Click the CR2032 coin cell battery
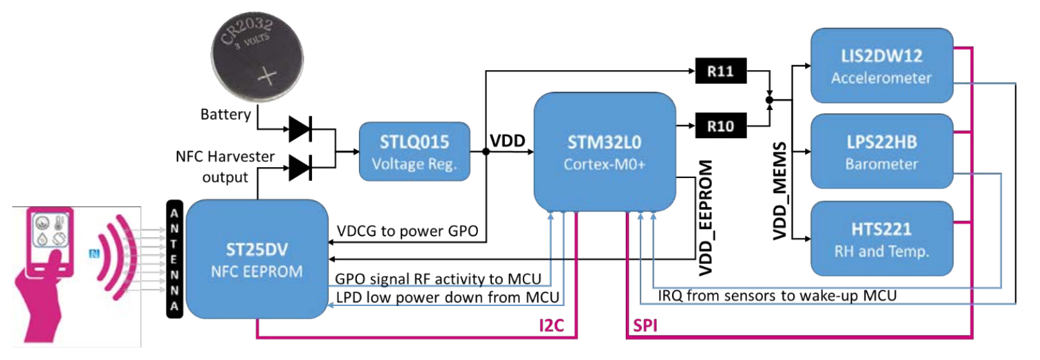click(257, 57)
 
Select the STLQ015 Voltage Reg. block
click(414, 152)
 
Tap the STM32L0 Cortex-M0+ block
click(604, 152)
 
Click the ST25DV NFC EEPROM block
click(257, 259)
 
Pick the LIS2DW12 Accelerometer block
click(881, 66)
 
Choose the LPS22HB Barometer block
click(881, 152)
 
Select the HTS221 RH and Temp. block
click(881, 239)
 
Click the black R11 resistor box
click(720, 71)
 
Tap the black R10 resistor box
click(720, 126)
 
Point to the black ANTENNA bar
click(174, 260)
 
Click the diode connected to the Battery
click(300, 129)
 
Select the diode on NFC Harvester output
click(300, 168)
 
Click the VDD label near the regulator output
click(507, 141)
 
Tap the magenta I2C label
click(551, 326)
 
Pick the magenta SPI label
click(645, 326)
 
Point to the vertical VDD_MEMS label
click(780, 191)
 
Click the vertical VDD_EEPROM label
click(706, 217)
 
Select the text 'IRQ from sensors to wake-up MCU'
click(777, 296)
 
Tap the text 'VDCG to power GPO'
click(407, 231)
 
